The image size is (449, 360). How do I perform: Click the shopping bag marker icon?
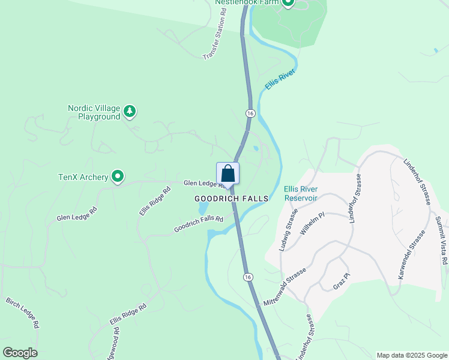pyautogui.click(x=228, y=173)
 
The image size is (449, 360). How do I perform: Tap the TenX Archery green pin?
pyautogui.click(x=118, y=176)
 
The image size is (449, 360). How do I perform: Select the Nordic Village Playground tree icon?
pyautogui.click(x=130, y=111)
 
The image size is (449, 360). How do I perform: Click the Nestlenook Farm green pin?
pyautogui.click(x=288, y=2)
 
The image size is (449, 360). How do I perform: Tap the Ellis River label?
pyautogui.click(x=280, y=84)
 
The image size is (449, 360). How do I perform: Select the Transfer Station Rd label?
pyautogui.click(x=217, y=37)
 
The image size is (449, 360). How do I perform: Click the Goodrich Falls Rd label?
pyautogui.click(x=199, y=224)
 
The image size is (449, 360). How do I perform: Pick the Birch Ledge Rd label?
pyautogui.click(x=23, y=312)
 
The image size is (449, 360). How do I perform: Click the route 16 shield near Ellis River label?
pyautogui.click(x=250, y=113)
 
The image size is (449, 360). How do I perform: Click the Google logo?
pyautogui.click(x=20, y=353)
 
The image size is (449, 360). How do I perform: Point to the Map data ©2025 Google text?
pyautogui.click(x=412, y=355)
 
